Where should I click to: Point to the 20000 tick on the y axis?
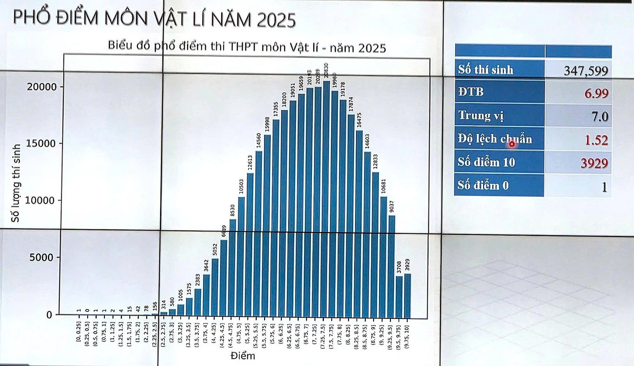(42, 87)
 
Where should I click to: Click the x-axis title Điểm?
(243, 356)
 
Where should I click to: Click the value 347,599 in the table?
(586, 71)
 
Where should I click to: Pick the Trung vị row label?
(481, 115)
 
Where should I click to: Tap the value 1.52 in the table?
(596, 140)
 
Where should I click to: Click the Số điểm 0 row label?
(483, 185)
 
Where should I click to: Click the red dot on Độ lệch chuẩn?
(512, 144)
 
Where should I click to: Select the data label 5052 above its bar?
(215, 249)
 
